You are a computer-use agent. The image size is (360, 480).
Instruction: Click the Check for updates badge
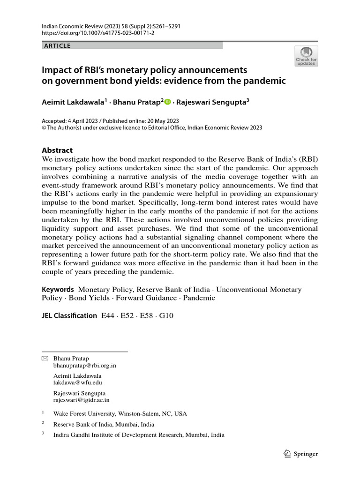coord(306,55)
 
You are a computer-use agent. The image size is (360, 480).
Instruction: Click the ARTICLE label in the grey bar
coord(57,45)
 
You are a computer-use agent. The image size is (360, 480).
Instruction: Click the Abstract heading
coord(57,150)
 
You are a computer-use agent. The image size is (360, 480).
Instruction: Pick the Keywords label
coord(58,290)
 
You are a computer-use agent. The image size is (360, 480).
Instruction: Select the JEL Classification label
coord(69,315)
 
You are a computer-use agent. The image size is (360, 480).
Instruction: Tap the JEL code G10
coord(166,316)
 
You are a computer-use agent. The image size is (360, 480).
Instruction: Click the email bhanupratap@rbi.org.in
coord(85,365)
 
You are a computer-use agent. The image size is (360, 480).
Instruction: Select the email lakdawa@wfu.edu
coord(77,382)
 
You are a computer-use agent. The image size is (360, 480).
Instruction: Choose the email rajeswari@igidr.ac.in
coord(81,400)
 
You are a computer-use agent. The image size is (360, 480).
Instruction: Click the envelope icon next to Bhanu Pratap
coord(45,359)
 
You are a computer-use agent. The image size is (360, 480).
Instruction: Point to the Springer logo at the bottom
coord(301,453)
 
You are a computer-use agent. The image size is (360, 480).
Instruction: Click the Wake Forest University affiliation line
coord(120,413)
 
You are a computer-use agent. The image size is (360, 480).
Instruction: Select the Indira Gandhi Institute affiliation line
coord(139,435)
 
